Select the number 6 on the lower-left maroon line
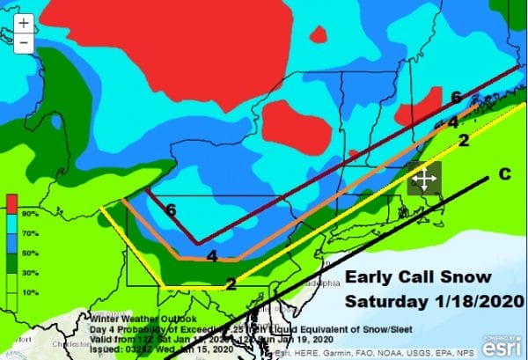point(170,210)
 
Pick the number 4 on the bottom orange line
point(212,256)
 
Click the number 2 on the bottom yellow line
point(231,283)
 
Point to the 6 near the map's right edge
point(456,97)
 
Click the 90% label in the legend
point(29,213)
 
